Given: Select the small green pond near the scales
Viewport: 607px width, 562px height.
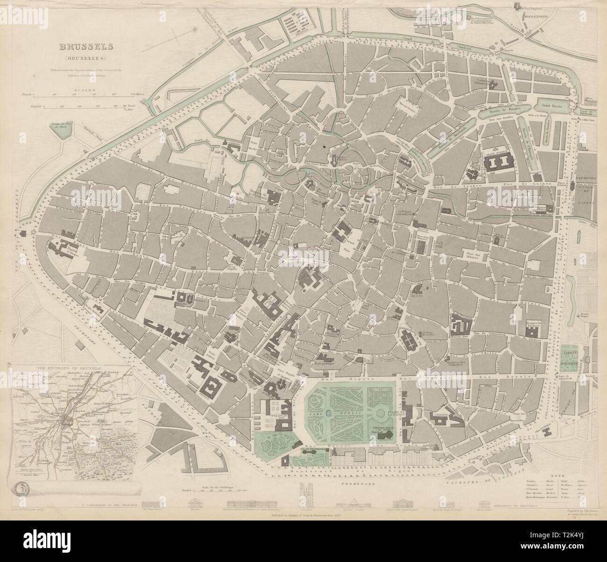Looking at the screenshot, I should [x=62, y=130].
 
